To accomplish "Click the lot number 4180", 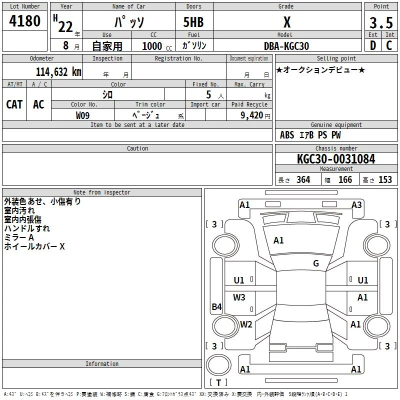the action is (x=24, y=21).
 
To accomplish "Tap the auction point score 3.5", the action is (x=381, y=22).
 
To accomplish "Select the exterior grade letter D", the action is (x=373, y=45).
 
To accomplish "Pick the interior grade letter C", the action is (x=389, y=45).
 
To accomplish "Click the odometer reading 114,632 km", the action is (x=58, y=72).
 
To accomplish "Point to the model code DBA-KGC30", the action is (x=286, y=46).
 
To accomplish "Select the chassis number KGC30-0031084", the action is (x=336, y=159).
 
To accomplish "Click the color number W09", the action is (x=82, y=115).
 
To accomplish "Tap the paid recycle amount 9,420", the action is (x=252, y=115).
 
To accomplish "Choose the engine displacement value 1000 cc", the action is (x=157, y=46).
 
